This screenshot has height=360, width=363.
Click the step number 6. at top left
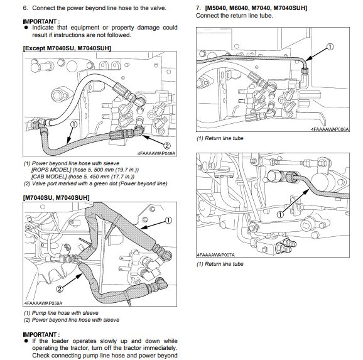coord(25,8)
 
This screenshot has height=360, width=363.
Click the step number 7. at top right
coord(198,8)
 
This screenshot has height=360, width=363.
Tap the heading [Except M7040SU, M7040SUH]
coord(67,48)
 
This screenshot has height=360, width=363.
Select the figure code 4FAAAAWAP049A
coord(156,153)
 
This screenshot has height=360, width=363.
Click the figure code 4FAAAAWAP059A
coord(43,303)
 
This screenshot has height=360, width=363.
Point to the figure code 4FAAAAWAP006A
coord(330,129)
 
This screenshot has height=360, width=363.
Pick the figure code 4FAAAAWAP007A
coord(216,255)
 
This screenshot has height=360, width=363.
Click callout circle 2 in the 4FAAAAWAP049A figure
coord(167,146)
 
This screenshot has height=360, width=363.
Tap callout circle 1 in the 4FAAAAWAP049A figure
coord(73,124)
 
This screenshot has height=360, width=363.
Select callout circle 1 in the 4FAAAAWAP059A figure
coord(168,220)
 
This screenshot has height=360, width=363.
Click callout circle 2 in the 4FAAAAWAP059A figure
coord(60,288)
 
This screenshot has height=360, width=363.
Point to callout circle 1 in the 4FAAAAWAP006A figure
coord(330,46)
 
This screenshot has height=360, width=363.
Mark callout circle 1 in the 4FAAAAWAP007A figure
coord(280,214)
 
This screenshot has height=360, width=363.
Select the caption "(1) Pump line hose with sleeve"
coord(61,313)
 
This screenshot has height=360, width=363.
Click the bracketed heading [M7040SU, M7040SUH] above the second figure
coord(56,198)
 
